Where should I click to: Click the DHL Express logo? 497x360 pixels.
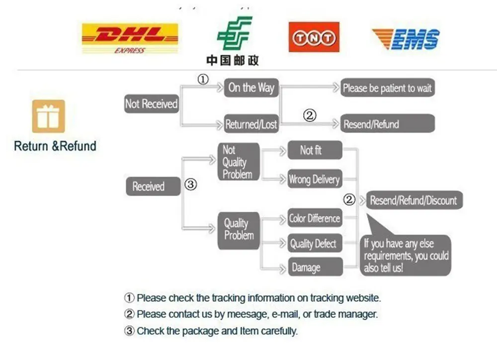(x=130, y=38)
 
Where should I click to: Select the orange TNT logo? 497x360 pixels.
(x=314, y=37)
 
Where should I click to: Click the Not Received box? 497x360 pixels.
(x=151, y=104)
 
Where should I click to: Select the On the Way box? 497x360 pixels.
(x=251, y=88)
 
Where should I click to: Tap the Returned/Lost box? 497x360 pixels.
(x=251, y=124)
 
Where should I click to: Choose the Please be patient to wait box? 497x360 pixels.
(x=387, y=89)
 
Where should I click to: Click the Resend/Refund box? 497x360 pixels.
(x=387, y=124)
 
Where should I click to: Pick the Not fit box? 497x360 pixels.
(x=315, y=150)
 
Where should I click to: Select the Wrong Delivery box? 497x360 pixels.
(x=315, y=180)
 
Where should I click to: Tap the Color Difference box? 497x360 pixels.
(x=315, y=218)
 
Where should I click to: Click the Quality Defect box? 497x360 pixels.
(x=315, y=244)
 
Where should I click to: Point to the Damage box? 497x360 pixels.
(x=315, y=268)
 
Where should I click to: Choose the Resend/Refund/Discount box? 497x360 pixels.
(x=413, y=201)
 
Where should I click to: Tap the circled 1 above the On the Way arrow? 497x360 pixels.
(x=203, y=79)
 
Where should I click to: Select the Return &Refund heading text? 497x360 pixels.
(x=55, y=146)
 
